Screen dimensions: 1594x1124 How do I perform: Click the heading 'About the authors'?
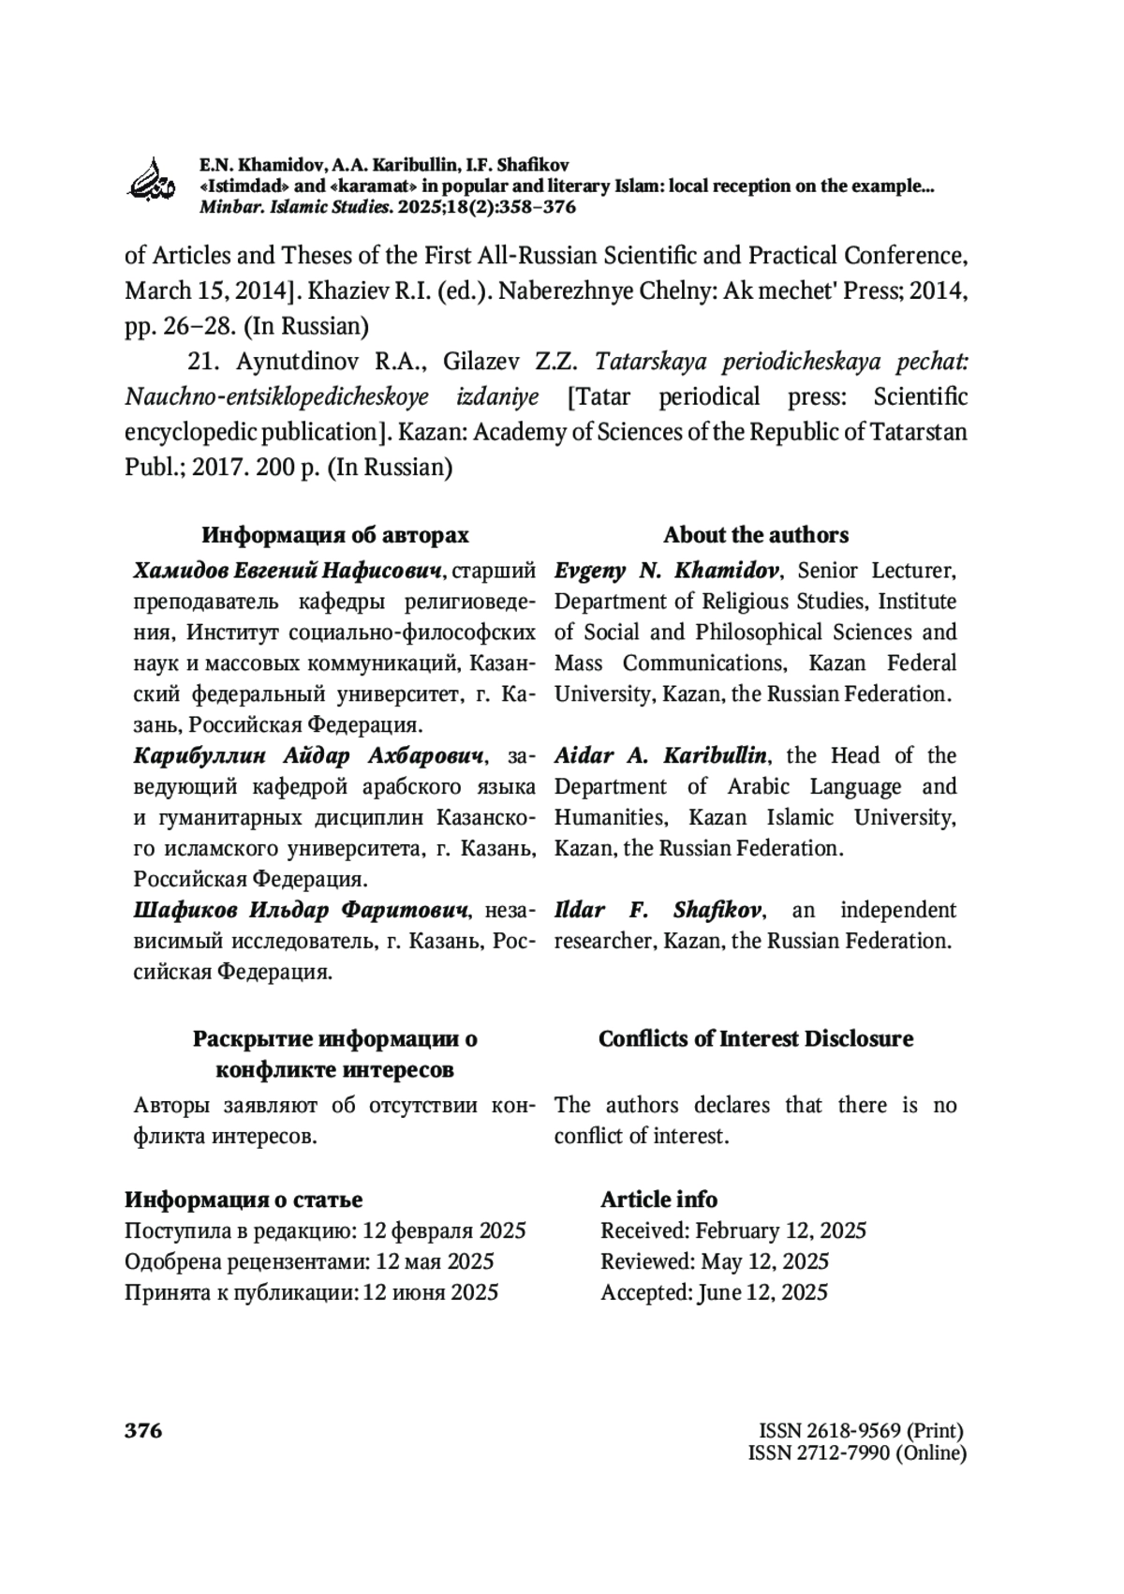[756, 535]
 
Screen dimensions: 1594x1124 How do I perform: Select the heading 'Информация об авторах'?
[335, 535]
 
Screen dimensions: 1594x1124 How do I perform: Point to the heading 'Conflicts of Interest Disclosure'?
[756, 1038]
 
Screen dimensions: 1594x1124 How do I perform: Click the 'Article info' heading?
[658, 1199]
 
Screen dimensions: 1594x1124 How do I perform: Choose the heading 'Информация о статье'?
[244, 1199]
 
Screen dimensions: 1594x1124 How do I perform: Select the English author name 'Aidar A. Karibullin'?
[660, 755]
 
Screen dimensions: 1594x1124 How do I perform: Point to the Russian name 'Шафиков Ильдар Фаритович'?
[301, 910]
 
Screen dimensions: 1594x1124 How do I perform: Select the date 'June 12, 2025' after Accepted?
[762, 1292]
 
